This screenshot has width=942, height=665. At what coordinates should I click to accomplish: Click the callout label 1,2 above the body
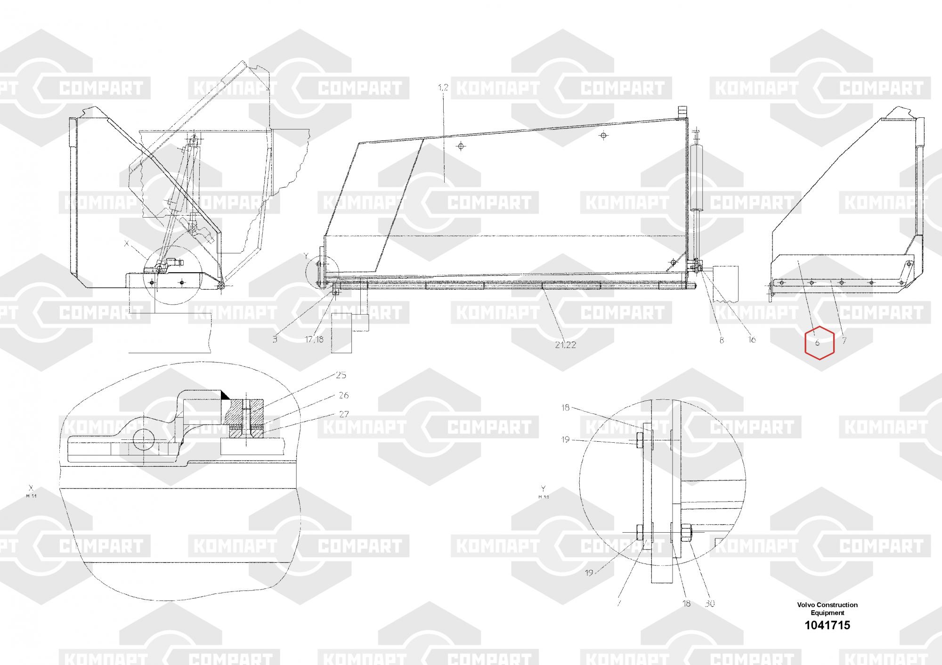[x=443, y=88]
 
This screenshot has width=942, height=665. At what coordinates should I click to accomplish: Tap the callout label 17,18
[x=314, y=339]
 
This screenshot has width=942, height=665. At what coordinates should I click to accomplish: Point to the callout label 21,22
[x=565, y=345]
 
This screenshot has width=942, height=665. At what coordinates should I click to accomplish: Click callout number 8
[x=722, y=340]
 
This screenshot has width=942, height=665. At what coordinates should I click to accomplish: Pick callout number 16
[x=752, y=340]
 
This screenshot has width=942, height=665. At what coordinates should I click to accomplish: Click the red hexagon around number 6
[x=820, y=342]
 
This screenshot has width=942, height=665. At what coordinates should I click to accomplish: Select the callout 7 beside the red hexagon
[x=844, y=340]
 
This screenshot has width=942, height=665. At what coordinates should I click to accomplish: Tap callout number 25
[x=341, y=375]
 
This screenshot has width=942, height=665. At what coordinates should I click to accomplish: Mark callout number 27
[x=344, y=414]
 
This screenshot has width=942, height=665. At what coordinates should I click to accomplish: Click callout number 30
[x=710, y=603]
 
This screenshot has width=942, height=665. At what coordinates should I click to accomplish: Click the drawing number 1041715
[x=828, y=625]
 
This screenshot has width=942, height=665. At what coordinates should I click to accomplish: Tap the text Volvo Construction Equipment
[x=828, y=608]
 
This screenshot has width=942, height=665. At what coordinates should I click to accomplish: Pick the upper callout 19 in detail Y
[x=565, y=440]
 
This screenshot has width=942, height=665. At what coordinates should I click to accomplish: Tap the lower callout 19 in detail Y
[x=589, y=573]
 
